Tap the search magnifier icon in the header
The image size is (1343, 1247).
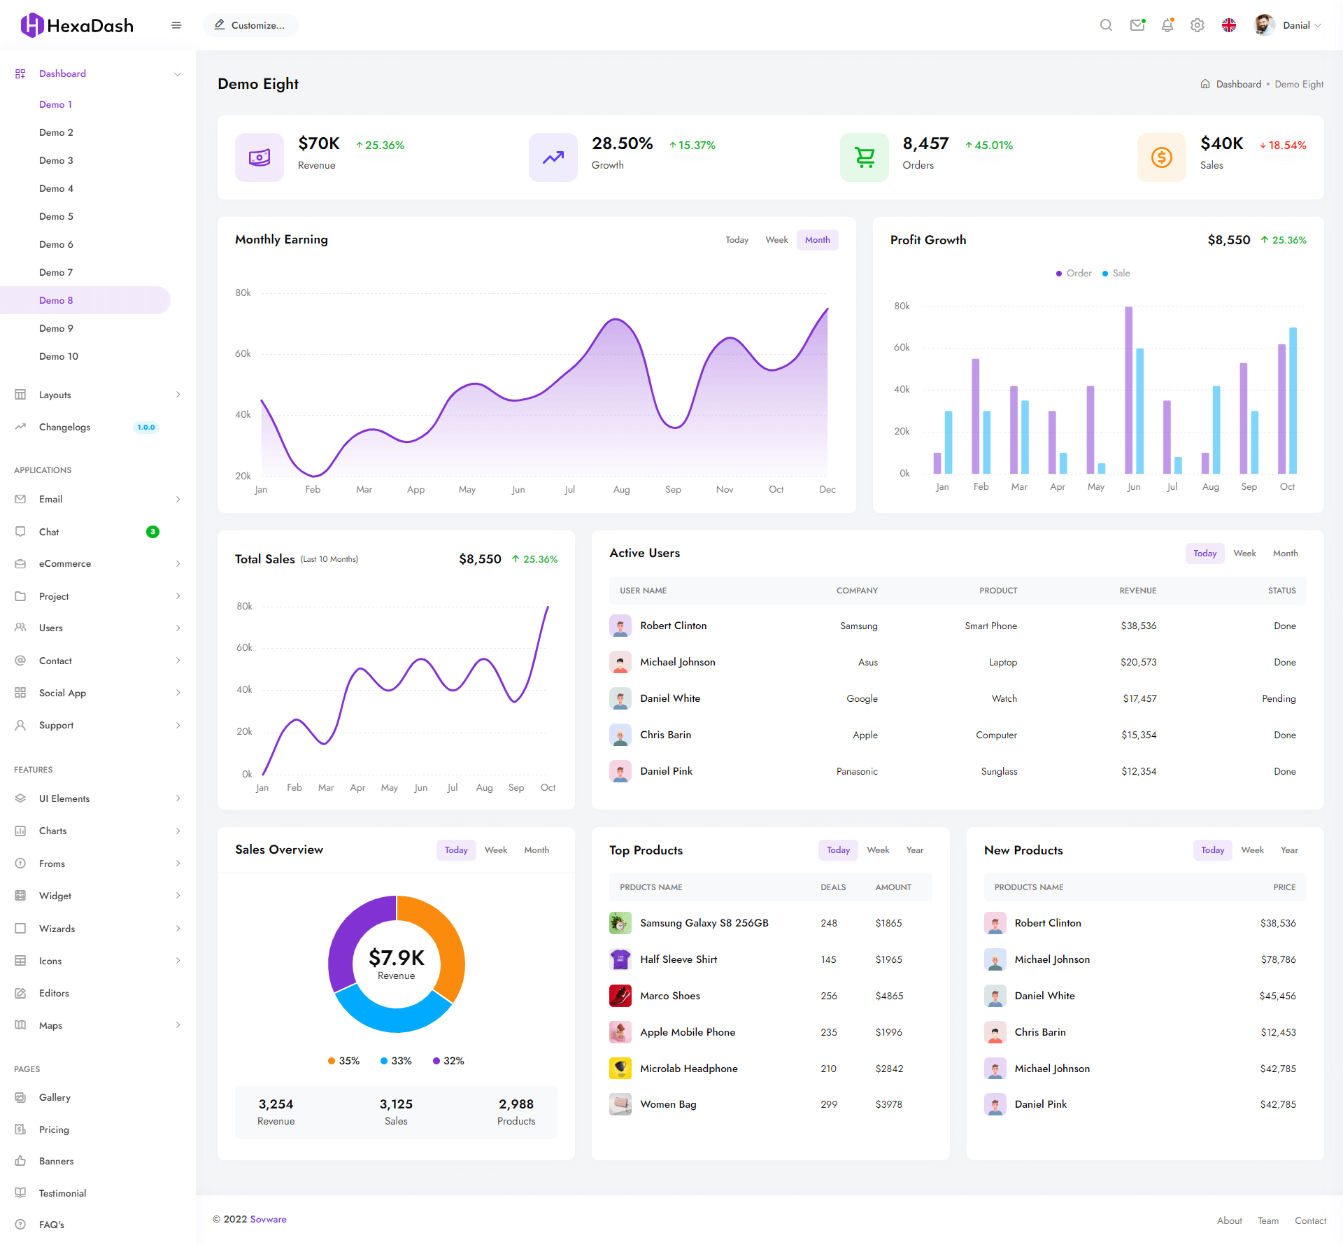[1106, 25]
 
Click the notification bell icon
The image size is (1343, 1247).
[1167, 25]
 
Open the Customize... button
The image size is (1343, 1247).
[250, 25]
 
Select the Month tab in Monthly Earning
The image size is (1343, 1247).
[817, 240]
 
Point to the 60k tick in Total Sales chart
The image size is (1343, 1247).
[244, 648]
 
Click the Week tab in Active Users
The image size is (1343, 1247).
[1244, 554]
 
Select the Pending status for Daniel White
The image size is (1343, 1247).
[1279, 698]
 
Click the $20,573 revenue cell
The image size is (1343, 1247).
[1138, 662]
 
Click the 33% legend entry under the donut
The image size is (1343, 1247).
[396, 1061]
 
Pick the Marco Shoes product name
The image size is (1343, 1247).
[669, 996]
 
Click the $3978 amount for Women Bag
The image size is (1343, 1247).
[888, 1104]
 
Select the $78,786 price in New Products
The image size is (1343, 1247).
[1278, 959]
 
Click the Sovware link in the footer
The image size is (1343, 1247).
[269, 1219]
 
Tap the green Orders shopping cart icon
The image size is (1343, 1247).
[865, 157]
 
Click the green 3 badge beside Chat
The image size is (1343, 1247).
[152, 532]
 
